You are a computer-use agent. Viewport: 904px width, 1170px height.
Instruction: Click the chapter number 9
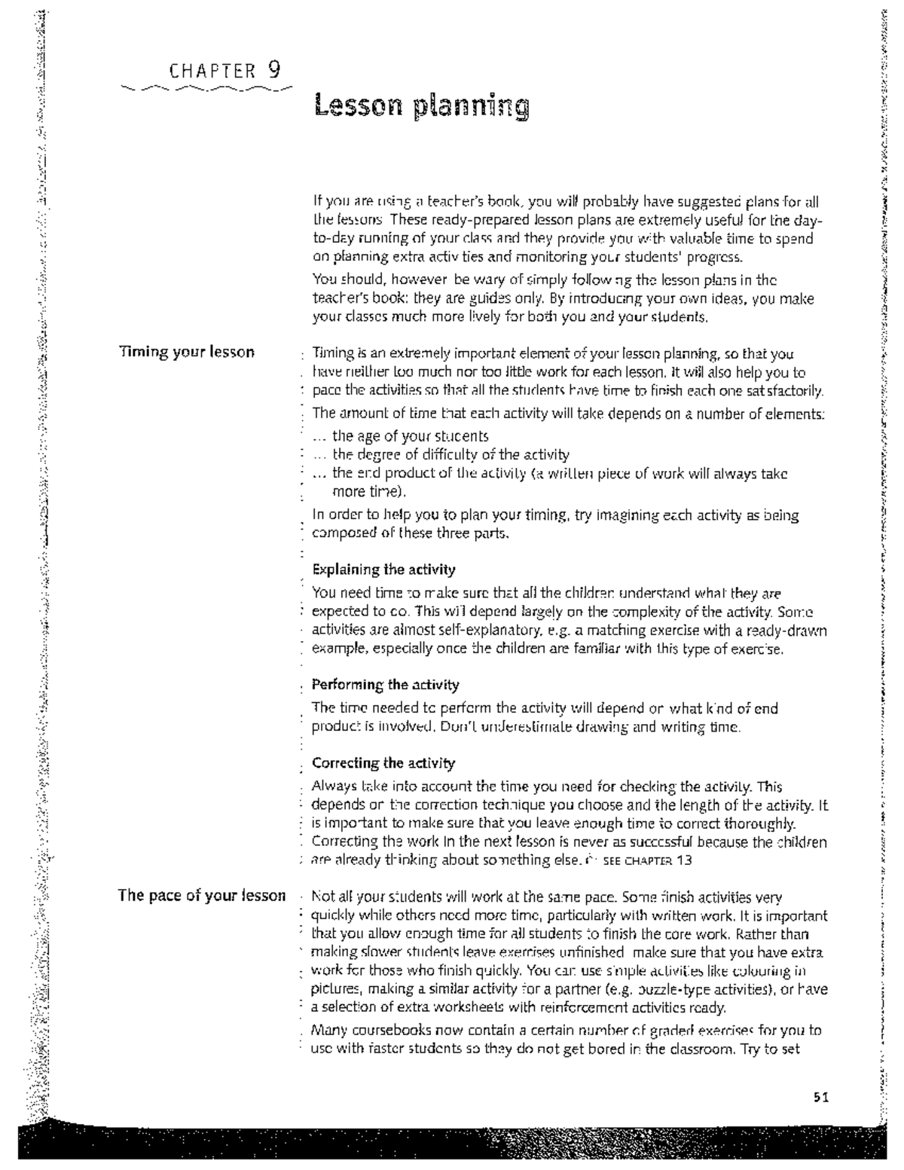[x=273, y=70]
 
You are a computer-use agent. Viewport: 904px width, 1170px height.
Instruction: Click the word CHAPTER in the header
[x=213, y=72]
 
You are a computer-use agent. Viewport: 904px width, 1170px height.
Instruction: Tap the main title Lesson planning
[x=421, y=106]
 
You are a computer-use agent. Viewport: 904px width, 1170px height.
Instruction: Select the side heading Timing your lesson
[x=186, y=352]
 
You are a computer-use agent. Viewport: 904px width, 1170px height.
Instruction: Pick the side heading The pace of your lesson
[x=201, y=896]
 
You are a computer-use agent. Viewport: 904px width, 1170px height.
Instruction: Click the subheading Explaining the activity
[x=383, y=569]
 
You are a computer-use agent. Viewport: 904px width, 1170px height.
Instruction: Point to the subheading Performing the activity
[x=385, y=685]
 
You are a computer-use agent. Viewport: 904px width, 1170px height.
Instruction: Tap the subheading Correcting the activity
[x=383, y=763]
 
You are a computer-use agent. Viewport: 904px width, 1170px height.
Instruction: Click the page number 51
[x=820, y=1098]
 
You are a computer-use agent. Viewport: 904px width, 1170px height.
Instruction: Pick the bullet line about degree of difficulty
[x=450, y=454]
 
